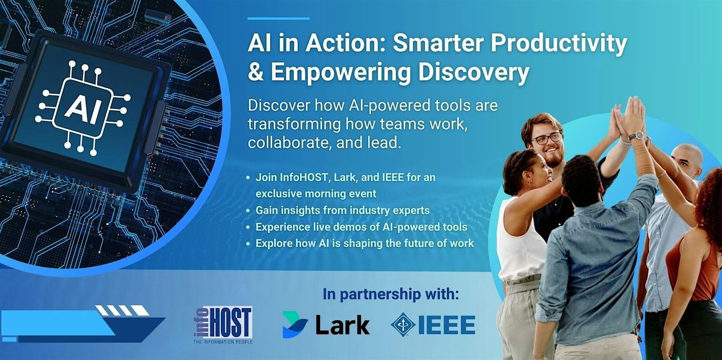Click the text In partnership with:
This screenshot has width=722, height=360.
coord(390,296)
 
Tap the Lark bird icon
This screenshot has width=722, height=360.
coord(295,325)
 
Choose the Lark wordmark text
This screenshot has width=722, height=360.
coord(342,325)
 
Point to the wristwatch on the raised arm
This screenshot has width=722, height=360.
coord(636,135)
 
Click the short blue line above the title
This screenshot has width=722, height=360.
coord(279,18)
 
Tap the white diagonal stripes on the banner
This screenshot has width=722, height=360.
coord(122,311)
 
